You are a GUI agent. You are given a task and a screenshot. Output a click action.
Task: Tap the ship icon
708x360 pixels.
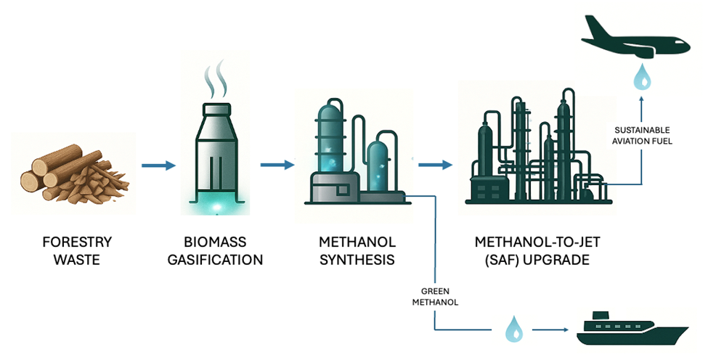pos(631,330)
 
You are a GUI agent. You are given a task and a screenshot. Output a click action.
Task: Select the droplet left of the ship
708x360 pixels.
pos(513,330)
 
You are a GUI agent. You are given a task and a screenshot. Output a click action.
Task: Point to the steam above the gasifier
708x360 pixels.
pos(216,80)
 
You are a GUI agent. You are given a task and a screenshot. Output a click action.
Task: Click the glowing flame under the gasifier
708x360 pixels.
pos(216,208)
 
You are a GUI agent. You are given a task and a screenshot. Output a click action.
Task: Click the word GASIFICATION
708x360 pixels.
pos(216,259)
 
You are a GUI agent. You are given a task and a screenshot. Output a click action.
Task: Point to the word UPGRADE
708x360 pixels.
pos(556,259)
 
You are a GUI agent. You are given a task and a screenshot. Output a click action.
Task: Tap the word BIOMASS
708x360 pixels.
pos(216,242)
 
